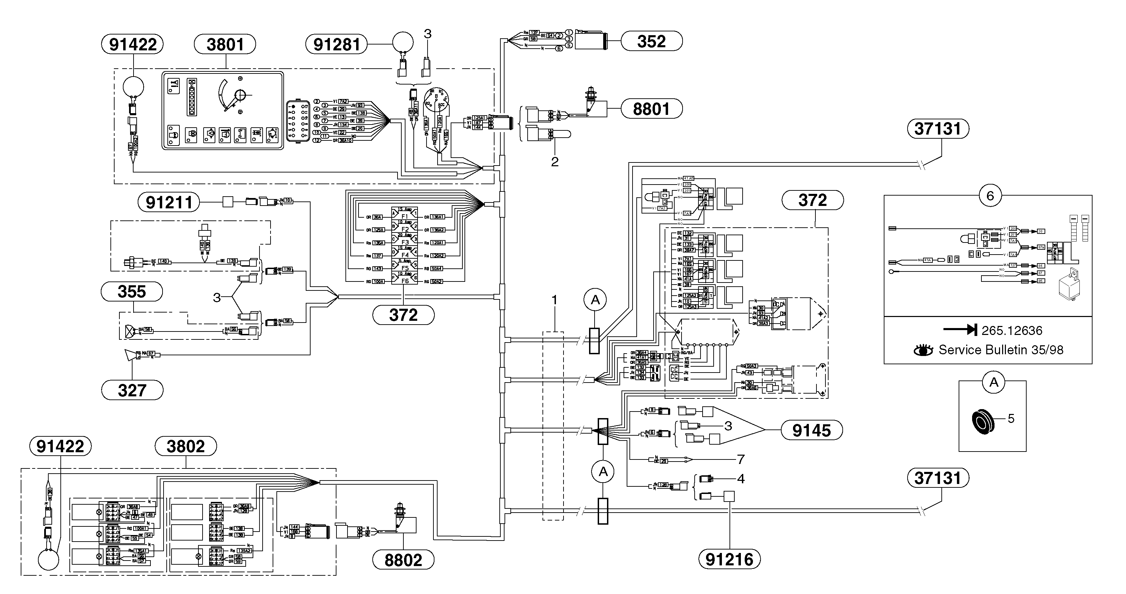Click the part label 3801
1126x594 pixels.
click(225, 44)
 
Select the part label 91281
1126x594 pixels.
click(336, 44)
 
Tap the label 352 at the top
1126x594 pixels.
click(651, 41)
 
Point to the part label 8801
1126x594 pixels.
click(651, 109)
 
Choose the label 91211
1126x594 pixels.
click(169, 202)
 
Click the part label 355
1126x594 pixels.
click(131, 291)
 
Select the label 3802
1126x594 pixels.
click(186, 446)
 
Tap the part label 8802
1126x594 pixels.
click(403, 560)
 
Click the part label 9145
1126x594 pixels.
click(811, 430)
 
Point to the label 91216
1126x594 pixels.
click(730, 559)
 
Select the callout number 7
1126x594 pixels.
click(741, 459)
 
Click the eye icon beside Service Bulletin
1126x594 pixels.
click(923, 350)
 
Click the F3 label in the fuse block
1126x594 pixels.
click(405, 242)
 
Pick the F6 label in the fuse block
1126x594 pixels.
click(405, 281)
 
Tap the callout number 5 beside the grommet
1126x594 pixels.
click(1011, 419)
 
